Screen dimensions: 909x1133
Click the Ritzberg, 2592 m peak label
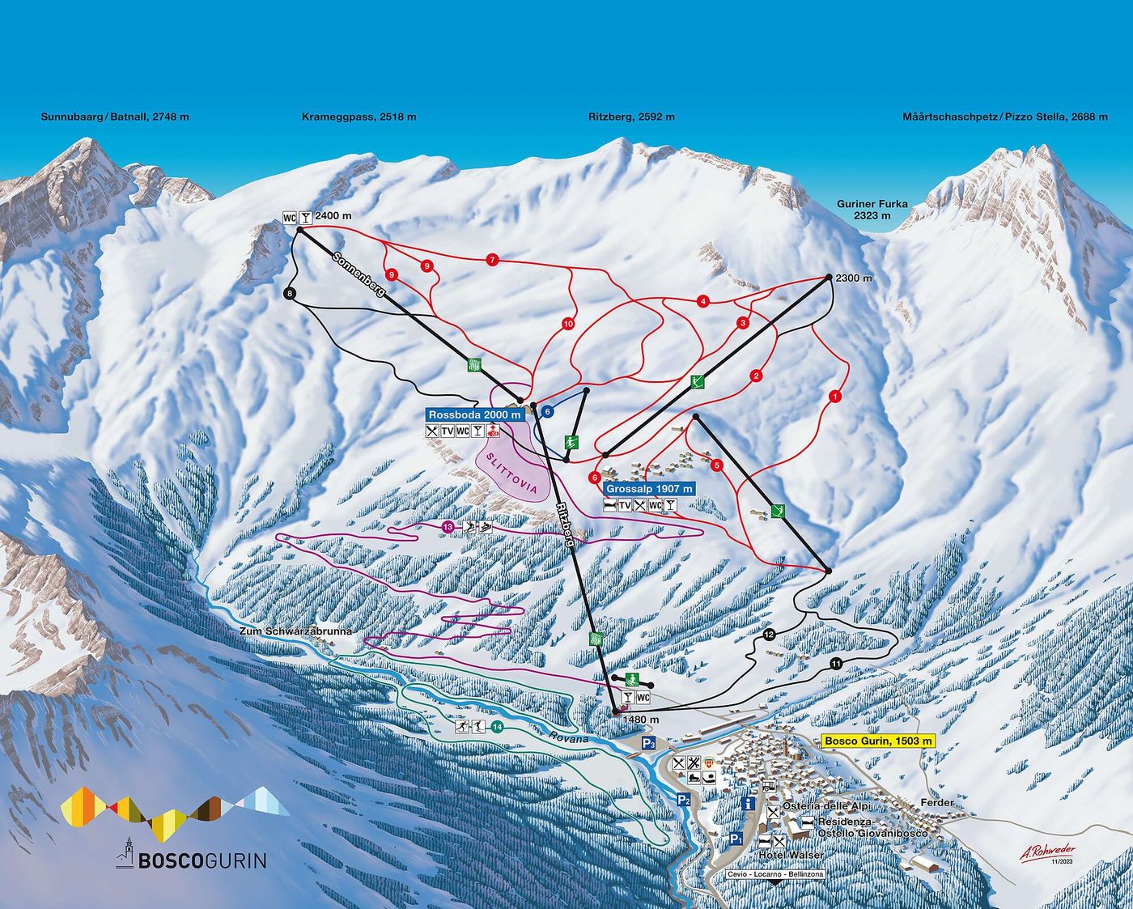(631, 117)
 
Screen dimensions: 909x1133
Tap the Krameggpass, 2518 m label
(359, 117)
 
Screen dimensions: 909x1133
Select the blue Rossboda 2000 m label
(474, 414)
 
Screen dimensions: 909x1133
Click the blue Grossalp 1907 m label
(649, 489)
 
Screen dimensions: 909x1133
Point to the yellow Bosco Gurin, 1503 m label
(877, 741)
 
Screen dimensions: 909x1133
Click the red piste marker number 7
(491, 260)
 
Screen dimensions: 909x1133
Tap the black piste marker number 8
(290, 294)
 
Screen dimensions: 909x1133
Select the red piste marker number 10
(567, 324)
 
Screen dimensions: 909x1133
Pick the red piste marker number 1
(834, 397)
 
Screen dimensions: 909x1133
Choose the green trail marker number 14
(496, 727)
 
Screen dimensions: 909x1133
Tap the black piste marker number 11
(835, 664)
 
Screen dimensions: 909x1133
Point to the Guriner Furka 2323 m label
(872, 210)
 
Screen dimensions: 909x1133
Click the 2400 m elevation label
(333, 216)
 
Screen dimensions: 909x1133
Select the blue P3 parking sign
(647, 744)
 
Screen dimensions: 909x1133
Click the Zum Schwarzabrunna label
(295, 631)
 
